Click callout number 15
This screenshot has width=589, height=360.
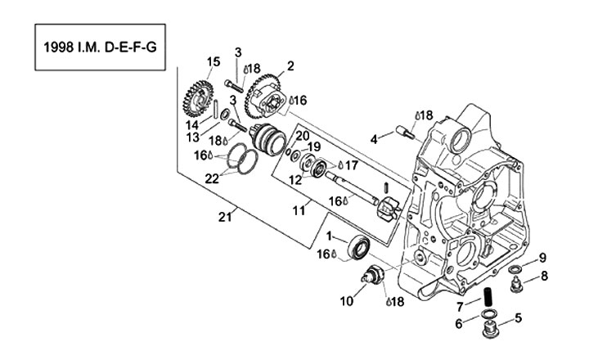[214, 61]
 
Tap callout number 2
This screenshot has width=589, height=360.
[290, 65]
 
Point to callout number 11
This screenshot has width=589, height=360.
[299, 210]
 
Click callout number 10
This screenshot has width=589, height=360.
[348, 300]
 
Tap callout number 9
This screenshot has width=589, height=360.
[541, 258]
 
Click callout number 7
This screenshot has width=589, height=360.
[460, 305]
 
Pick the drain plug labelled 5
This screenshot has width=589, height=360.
[492, 331]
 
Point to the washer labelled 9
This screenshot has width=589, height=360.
[516, 269]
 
